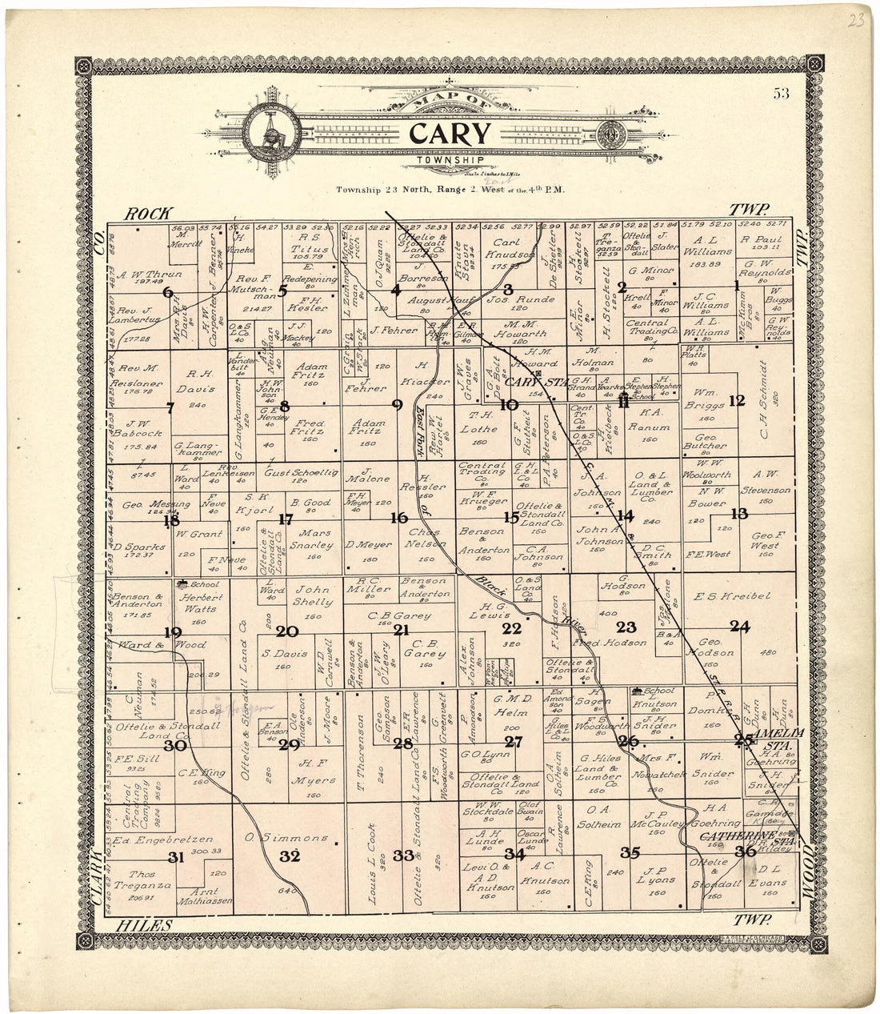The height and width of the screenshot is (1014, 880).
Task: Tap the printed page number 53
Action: (781, 94)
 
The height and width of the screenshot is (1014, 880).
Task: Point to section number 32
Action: (290, 856)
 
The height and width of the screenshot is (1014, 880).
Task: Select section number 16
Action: (398, 518)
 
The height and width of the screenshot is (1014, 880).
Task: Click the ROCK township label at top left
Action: (148, 212)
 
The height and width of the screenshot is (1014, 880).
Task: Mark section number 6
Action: (168, 292)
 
